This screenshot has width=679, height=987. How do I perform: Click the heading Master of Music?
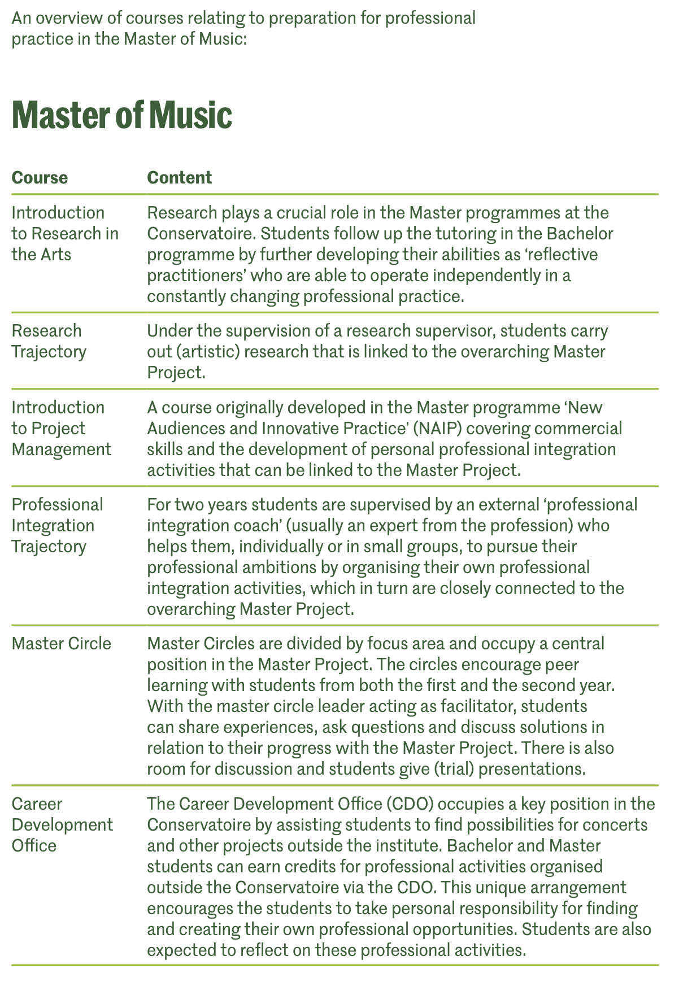[121, 115]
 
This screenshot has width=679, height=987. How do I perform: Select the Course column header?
[40, 178]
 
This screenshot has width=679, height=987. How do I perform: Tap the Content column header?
[179, 178]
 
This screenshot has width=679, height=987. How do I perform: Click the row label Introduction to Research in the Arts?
[65, 233]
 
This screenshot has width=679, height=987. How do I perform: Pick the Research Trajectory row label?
[49, 341]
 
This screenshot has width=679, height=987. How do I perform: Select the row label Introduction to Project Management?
[61, 428]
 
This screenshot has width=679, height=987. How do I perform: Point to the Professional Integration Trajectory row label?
[57, 525]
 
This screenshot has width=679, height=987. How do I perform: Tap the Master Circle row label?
[62, 643]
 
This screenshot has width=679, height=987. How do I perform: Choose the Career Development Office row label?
[62, 824]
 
